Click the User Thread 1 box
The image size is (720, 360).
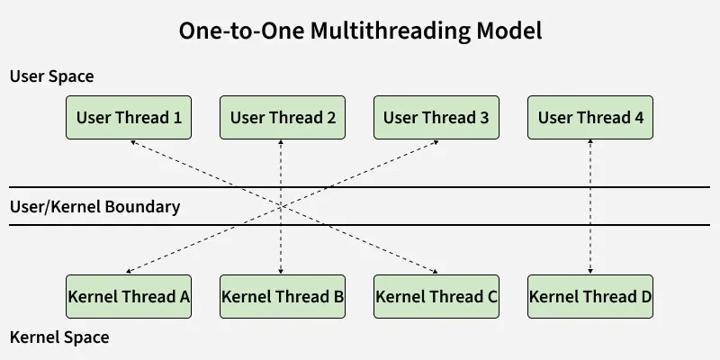click(129, 117)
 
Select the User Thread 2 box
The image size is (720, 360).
click(283, 117)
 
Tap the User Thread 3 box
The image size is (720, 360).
click(436, 117)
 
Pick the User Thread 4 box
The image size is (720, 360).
click(590, 117)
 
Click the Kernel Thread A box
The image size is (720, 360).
click(129, 296)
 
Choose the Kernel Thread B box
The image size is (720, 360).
click(283, 296)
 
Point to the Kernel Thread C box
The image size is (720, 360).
click(436, 296)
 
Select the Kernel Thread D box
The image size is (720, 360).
click(590, 296)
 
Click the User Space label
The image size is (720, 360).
click(51, 76)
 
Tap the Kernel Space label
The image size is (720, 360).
click(58, 337)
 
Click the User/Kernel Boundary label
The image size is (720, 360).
click(94, 206)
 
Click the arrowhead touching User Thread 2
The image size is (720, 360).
click(283, 143)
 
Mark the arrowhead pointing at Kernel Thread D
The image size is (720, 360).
click(590, 269)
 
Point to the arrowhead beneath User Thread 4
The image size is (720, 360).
click(590, 143)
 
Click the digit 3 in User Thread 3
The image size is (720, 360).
click(484, 117)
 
